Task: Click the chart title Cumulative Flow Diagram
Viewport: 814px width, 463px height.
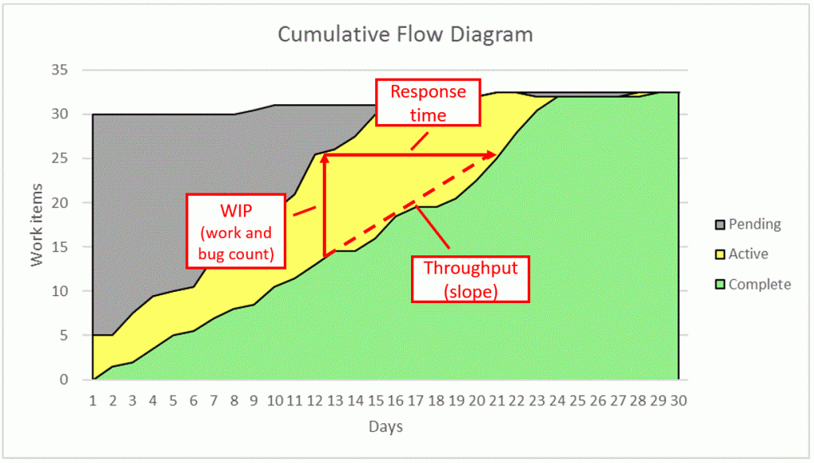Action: point(405,35)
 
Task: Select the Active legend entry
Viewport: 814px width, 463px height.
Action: point(748,255)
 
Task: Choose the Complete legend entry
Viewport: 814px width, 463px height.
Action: point(759,284)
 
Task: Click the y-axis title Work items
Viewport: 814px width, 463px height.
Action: point(38,225)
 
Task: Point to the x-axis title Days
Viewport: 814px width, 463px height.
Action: point(386,427)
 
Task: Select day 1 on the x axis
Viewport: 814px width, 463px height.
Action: point(93,399)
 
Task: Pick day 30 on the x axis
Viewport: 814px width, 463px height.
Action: point(678,399)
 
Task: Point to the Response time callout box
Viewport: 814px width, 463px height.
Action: point(428,103)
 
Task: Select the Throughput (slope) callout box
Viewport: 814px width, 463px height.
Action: point(471,278)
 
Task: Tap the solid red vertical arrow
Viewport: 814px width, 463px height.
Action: point(324,207)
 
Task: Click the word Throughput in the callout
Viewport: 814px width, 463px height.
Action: point(471,268)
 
